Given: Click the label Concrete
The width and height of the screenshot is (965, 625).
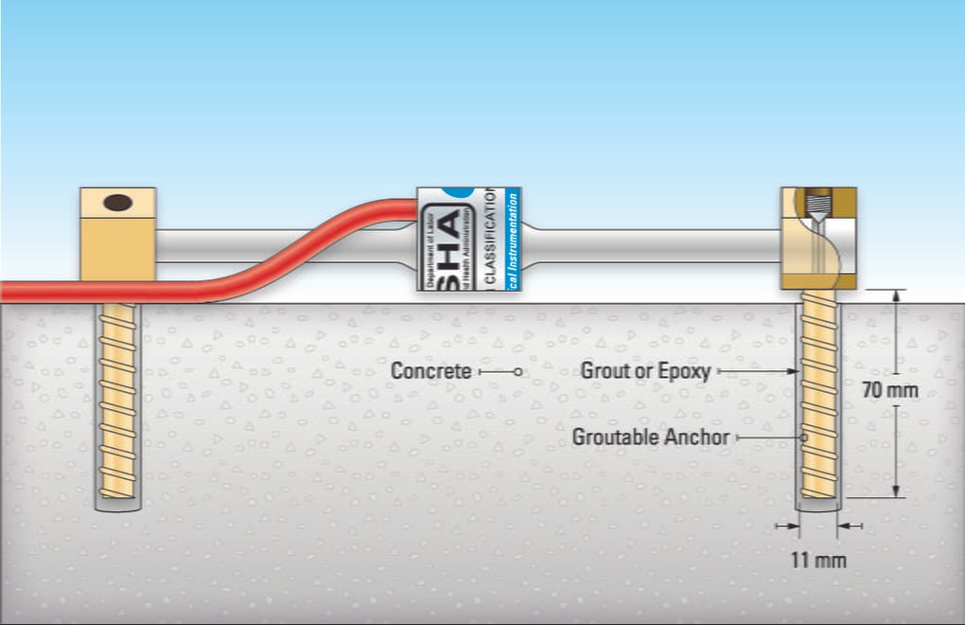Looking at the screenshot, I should [431, 371].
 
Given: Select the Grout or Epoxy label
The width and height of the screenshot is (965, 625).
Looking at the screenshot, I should [645, 371].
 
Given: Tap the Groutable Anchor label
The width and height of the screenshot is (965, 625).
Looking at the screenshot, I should [651, 437].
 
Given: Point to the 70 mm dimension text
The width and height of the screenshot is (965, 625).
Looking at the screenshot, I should [890, 389].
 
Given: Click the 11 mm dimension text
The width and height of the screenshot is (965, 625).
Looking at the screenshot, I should [818, 560].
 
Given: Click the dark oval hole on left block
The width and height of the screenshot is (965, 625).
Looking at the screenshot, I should [117, 202].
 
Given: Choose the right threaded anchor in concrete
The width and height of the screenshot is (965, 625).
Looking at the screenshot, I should [818, 398].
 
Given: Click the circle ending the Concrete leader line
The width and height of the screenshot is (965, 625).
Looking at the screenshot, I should [518, 372].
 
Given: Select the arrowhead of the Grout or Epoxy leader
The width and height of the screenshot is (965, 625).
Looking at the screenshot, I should [794, 372].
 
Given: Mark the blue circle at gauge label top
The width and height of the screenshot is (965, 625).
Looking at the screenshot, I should [464, 192].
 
